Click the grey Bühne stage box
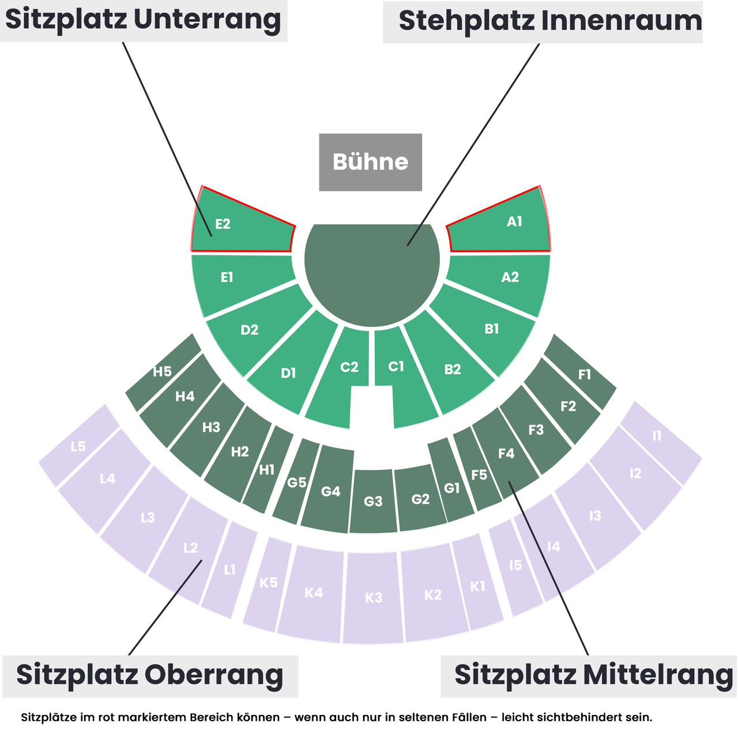370,162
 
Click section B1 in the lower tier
487,329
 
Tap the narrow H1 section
268,469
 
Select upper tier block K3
374,598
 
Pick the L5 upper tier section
78,446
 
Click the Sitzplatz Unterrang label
143,20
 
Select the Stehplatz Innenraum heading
550,21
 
